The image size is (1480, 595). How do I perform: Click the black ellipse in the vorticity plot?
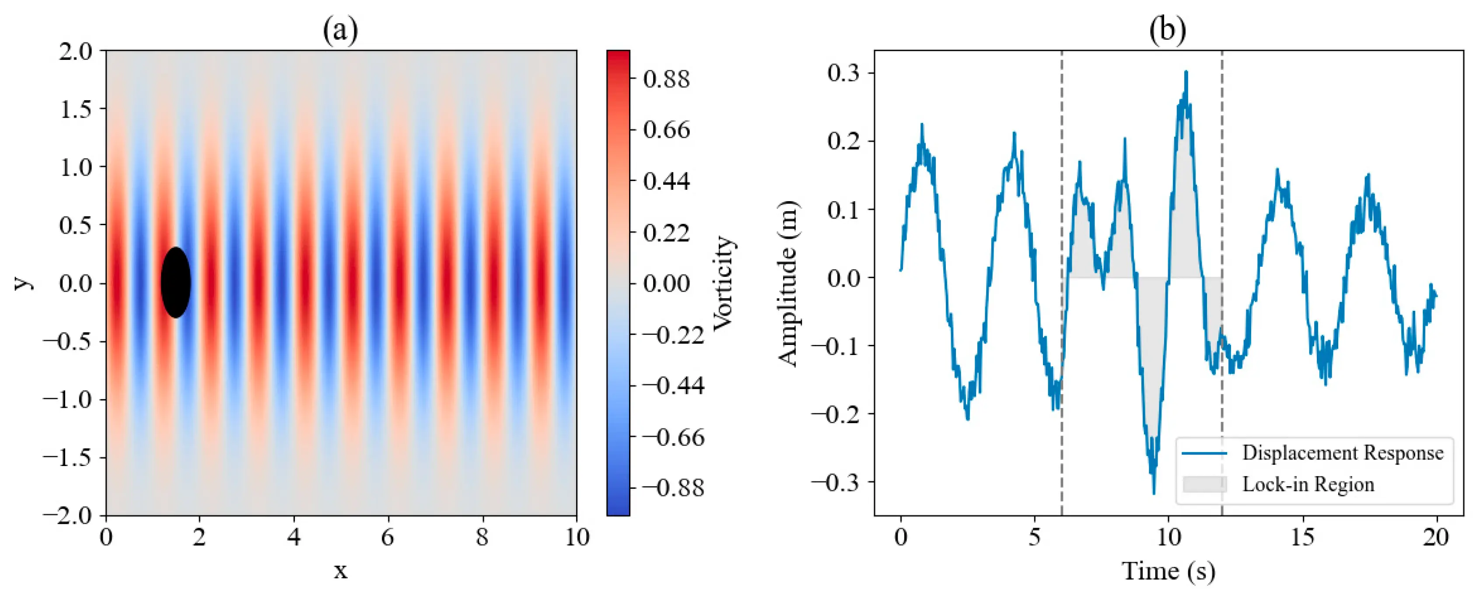pos(176,282)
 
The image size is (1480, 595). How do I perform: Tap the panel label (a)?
pos(340,30)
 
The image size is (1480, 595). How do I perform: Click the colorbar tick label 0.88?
pos(666,79)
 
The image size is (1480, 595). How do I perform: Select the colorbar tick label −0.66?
pos(673,437)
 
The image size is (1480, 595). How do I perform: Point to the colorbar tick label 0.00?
pos(666,283)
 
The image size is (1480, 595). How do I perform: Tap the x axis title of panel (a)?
pos(341,571)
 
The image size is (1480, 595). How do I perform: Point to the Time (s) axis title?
pos(1169,571)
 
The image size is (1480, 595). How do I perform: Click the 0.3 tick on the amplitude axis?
pos(843,73)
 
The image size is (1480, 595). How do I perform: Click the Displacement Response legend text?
pos(1343,453)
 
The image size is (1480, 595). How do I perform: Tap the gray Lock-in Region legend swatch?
pos(1204,484)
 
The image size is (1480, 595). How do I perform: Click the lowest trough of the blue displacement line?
pos(1154,493)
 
